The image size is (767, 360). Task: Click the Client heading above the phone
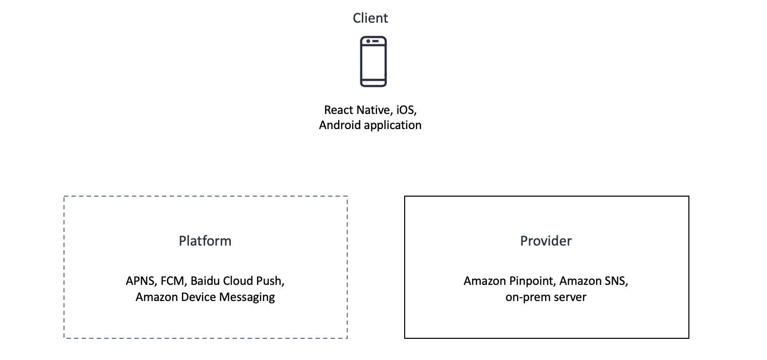click(x=370, y=18)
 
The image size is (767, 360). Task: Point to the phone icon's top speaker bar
click(x=375, y=41)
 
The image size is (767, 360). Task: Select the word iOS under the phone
click(x=406, y=110)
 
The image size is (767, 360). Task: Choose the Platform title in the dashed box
click(x=205, y=241)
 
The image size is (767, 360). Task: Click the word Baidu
click(x=205, y=281)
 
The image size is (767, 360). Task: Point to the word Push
click(x=274, y=281)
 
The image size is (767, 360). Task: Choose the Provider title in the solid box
click(x=546, y=241)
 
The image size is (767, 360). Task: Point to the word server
click(x=570, y=297)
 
